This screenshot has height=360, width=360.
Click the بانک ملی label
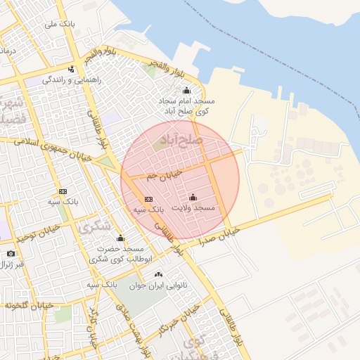[60, 25]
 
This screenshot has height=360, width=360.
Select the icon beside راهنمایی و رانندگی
[72, 69]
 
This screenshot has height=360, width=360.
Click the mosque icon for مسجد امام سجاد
[186, 90]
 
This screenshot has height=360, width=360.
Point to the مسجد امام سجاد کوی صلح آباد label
[186, 106]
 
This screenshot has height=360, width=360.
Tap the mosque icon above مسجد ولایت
[193, 198]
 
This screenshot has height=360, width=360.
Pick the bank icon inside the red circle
[148, 200]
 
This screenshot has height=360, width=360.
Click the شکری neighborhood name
[96, 226]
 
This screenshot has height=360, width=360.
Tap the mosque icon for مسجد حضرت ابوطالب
[120, 238]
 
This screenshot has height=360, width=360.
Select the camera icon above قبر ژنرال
[11, 253]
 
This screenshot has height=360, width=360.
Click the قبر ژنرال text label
[11, 264]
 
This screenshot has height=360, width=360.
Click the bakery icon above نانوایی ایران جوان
[157, 274]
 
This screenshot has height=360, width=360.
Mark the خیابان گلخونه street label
[27, 305]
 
